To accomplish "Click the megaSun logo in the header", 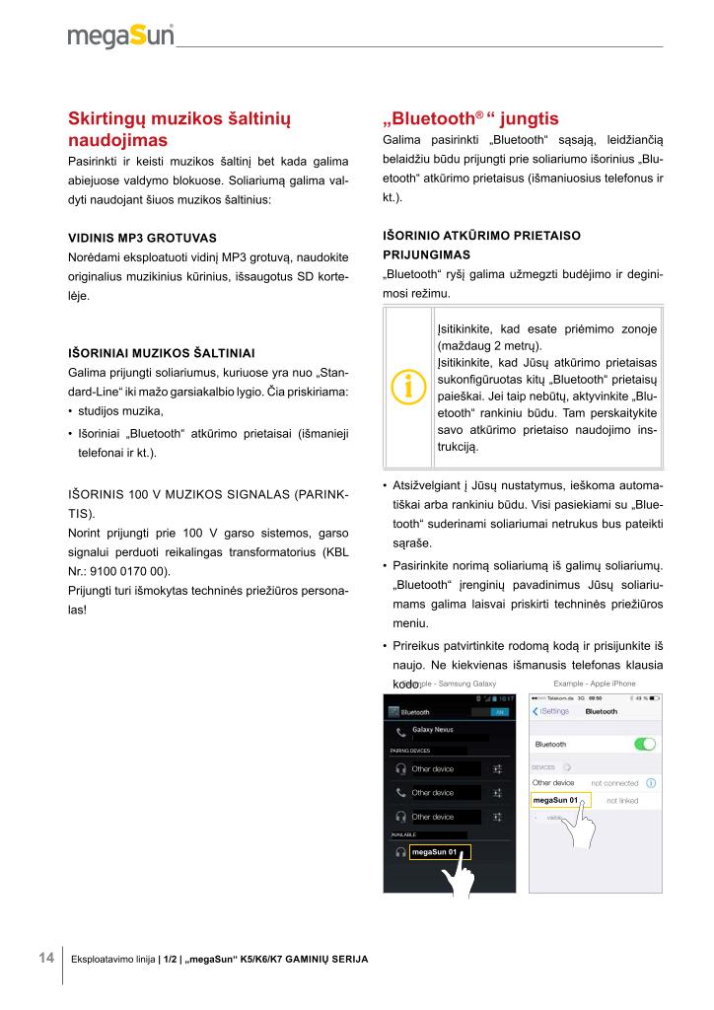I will click(120, 36).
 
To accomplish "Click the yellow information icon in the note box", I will click(408, 387).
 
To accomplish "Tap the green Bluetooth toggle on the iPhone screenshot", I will click(645, 744).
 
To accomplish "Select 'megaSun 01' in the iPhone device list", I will click(554, 800).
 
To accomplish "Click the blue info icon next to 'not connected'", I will click(652, 783).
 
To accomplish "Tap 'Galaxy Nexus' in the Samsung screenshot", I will click(432, 730).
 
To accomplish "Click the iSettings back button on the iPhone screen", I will click(550, 711).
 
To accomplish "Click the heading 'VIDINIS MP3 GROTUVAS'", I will click(142, 239).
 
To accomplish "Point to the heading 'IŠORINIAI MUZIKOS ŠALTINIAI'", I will click(161, 352).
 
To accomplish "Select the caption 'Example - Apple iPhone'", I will click(595, 684).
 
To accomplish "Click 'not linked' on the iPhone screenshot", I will click(622, 800).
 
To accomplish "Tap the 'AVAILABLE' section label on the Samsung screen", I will click(404, 834).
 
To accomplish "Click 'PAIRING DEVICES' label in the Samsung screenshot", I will click(410, 751).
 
